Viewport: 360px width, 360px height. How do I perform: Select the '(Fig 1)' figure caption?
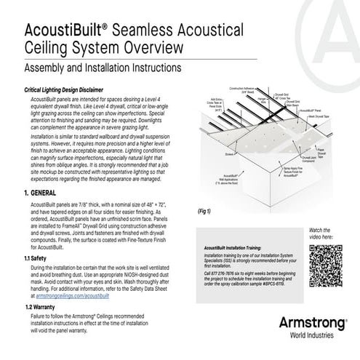pos(205,211)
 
